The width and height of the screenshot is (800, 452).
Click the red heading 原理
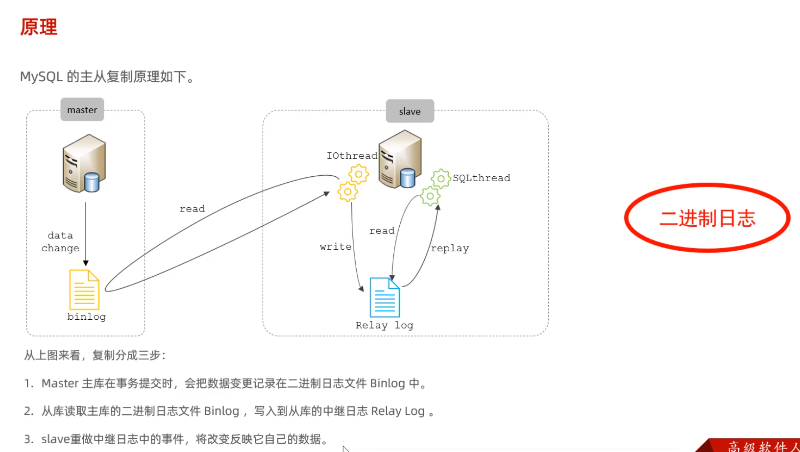[39, 27]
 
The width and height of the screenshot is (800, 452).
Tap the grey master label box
[82, 110]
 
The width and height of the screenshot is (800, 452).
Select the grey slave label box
[410, 111]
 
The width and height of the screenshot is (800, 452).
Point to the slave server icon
[400, 159]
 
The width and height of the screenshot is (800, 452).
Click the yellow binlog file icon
[84, 289]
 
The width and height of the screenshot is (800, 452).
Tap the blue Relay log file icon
[385, 297]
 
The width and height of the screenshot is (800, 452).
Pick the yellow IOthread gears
[353, 183]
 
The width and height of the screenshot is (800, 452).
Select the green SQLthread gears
[436, 187]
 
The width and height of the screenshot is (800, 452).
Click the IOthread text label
[352, 156]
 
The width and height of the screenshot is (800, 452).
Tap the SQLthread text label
[481, 178]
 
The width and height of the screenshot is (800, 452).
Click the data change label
[60, 242]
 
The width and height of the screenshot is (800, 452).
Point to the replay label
[450, 248]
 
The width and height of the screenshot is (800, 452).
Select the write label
[336, 247]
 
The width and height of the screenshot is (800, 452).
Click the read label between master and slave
[192, 209]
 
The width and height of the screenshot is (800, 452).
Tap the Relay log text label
[384, 325]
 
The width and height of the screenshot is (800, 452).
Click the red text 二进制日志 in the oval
[707, 218]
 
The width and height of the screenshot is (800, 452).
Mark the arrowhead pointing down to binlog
[86, 263]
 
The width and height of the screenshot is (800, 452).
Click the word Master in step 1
[60, 383]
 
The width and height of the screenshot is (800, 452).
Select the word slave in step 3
[55, 439]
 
